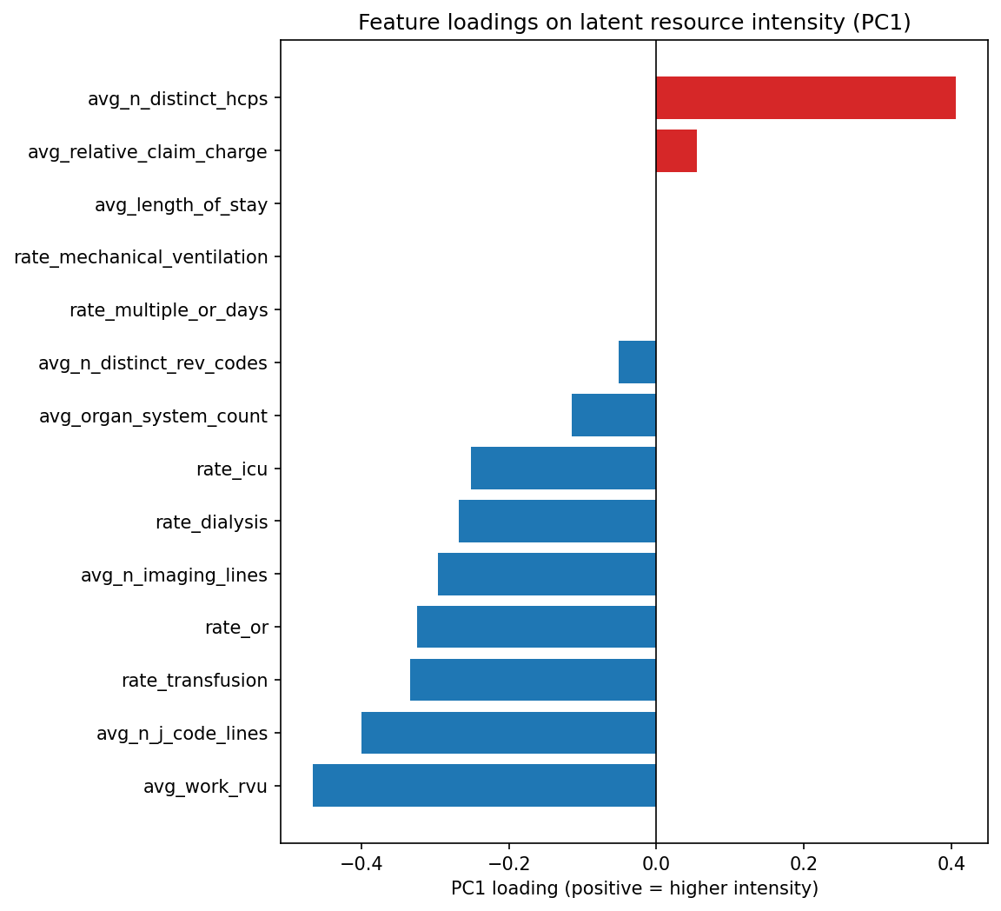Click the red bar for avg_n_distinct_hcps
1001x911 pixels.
coord(805,97)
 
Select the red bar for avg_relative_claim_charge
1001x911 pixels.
coord(676,150)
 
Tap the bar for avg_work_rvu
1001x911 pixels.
coord(484,786)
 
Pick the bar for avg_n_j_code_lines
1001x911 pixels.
coord(508,733)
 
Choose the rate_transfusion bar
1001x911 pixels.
coord(533,680)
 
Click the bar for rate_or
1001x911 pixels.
coord(536,627)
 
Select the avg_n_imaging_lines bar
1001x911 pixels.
coord(547,574)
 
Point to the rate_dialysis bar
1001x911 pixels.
coord(557,521)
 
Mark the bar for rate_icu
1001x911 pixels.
coord(563,468)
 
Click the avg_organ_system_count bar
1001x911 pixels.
coord(613,415)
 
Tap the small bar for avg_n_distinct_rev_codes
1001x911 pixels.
coord(637,362)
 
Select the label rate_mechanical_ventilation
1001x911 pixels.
coord(141,257)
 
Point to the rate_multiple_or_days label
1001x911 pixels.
coord(169,310)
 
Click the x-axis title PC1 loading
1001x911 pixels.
coord(634,888)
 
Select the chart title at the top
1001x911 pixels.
coord(634,23)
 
